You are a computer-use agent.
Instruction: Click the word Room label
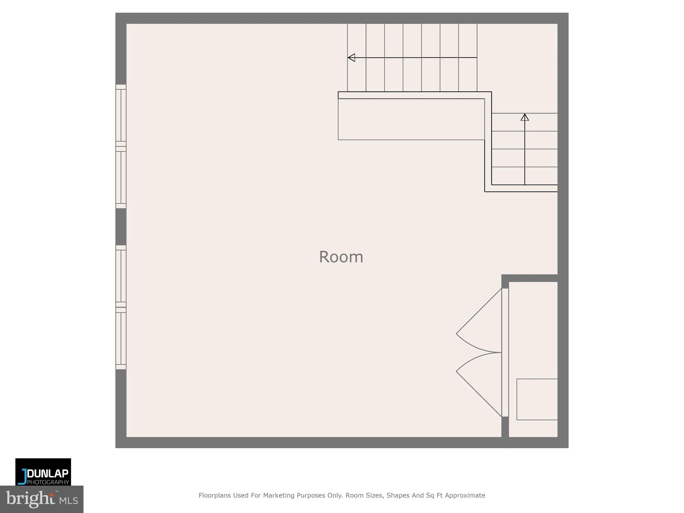tap(341, 257)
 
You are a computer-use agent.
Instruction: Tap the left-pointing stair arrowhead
tap(351, 58)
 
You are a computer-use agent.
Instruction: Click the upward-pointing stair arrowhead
tap(525, 117)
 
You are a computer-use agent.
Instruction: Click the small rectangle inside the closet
tap(537, 399)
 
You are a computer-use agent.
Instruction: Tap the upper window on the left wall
tap(121, 146)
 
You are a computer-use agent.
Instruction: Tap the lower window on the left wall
tap(121, 307)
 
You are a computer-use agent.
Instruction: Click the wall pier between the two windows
tap(121, 227)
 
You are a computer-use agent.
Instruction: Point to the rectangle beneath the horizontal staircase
tap(411, 119)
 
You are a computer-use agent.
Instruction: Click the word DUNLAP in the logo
tap(48, 474)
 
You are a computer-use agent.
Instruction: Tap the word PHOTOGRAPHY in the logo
tap(48, 482)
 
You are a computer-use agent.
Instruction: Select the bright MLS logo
tap(42, 499)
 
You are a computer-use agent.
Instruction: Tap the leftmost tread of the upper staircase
tap(357, 57)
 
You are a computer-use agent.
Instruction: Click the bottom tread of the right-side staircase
tap(524, 176)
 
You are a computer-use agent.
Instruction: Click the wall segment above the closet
tap(530, 278)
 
